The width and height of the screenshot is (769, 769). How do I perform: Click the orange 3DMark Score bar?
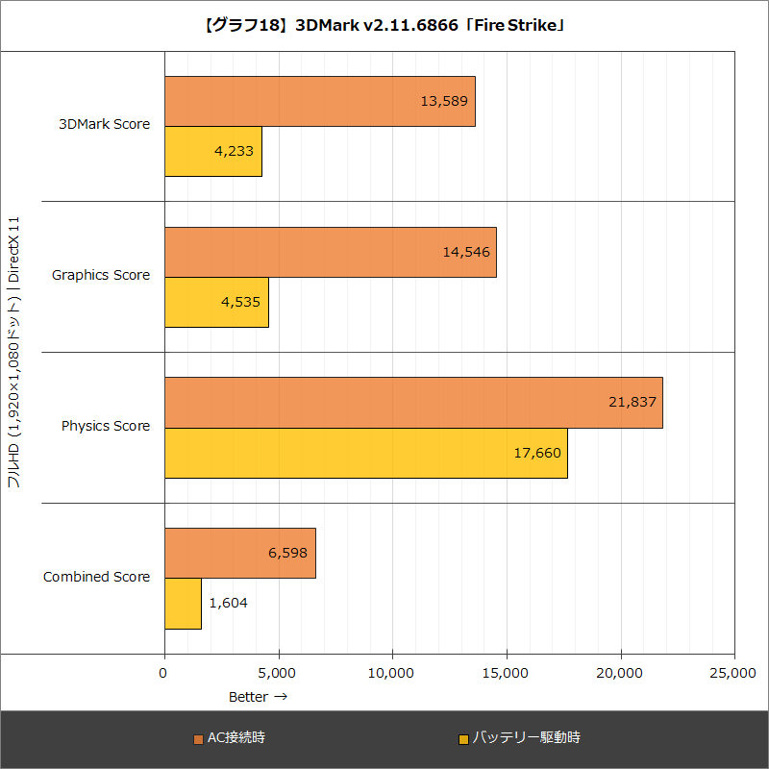click(x=319, y=101)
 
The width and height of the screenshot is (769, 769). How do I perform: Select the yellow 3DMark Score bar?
click(x=212, y=151)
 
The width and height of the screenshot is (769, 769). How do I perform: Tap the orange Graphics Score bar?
click(x=330, y=252)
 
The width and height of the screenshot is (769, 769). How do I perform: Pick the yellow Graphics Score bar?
click(x=216, y=302)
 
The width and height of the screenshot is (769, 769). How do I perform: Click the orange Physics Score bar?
click(x=413, y=403)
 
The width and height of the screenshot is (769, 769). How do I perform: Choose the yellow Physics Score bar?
click(x=365, y=453)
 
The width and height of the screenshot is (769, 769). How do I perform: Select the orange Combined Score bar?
click(x=239, y=554)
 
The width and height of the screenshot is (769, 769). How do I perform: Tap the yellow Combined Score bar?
click(x=183, y=604)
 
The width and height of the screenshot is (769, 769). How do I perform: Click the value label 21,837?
click(x=633, y=402)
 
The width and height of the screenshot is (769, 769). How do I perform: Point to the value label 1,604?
click(x=228, y=604)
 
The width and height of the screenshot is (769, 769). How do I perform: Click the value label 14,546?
click(x=466, y=252)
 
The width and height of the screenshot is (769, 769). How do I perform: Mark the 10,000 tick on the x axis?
click(x=392, y=674)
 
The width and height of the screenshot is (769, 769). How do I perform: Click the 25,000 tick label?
click(x=732, y=674)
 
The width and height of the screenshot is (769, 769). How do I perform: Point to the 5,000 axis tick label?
click(x=278, y=674)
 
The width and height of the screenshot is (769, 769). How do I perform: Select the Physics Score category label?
click(x=106, y=426)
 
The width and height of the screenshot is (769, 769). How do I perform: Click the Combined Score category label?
click(x=97, y=577)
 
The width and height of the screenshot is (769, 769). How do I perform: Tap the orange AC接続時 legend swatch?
click(x=199, y=739)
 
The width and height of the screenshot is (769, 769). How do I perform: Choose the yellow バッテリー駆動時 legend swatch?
click(x=463, y=739)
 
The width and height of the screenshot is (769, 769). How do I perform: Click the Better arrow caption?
click(x=258, y=696)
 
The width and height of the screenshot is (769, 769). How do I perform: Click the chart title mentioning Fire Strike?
click(x=384, y=26)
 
